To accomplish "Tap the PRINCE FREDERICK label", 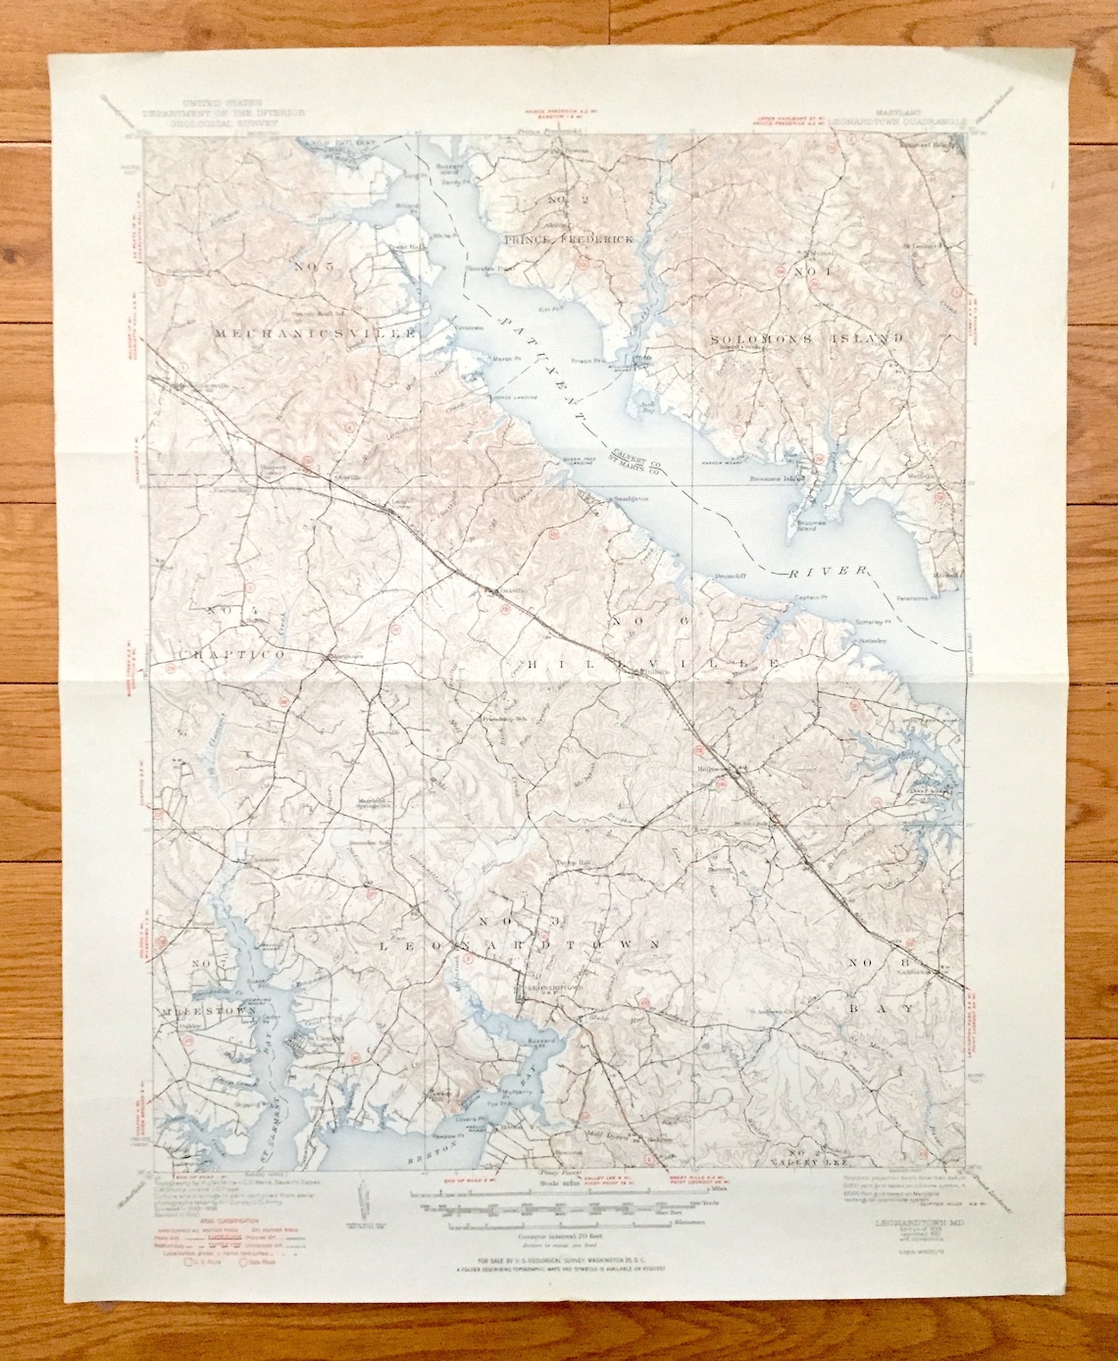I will (570, 238).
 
